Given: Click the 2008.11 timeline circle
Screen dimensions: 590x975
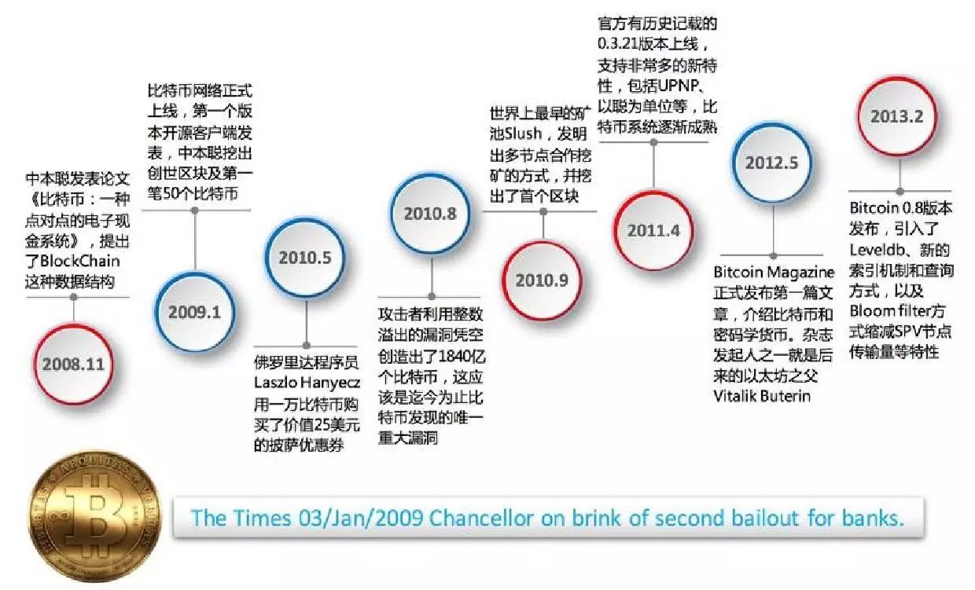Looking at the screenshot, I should click(x=74, y=364).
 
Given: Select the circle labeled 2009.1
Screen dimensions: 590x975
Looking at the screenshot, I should click(x=193, y=311).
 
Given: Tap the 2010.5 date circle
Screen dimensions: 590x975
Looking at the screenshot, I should click(x=304, y=256).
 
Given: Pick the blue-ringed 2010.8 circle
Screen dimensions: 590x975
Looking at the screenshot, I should click(x=430, y=214).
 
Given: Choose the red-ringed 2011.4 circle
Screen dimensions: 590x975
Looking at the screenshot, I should click(x=653, y=231).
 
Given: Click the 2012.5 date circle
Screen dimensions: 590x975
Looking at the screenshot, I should click(x=772, y=163).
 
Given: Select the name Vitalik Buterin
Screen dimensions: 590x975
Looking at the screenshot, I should click(x=762, y=394).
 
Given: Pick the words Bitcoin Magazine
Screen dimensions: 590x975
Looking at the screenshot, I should click(x=774, y=273).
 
